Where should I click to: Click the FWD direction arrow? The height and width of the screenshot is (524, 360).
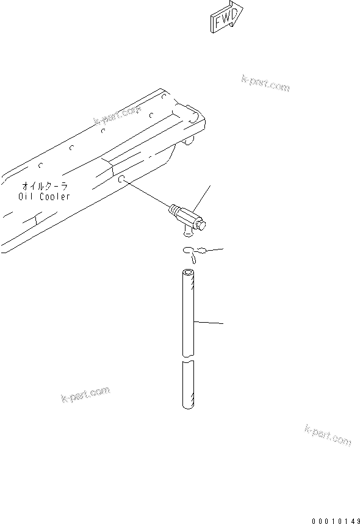pyautogui.click(x=226, y=18)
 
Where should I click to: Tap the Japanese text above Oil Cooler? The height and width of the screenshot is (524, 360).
pyautogui.click(x=43, y=185)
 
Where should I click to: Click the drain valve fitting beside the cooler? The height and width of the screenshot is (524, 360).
pyautogui.click(x=187, y=218)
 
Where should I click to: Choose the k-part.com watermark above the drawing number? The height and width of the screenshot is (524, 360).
pyautogui.click(x=327, y=435)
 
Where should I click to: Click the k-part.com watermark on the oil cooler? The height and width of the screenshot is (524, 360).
pyautogui.click(x=118, y=115)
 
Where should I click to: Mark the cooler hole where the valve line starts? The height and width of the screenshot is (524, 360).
pyautogui.click(x=122, y=179)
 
